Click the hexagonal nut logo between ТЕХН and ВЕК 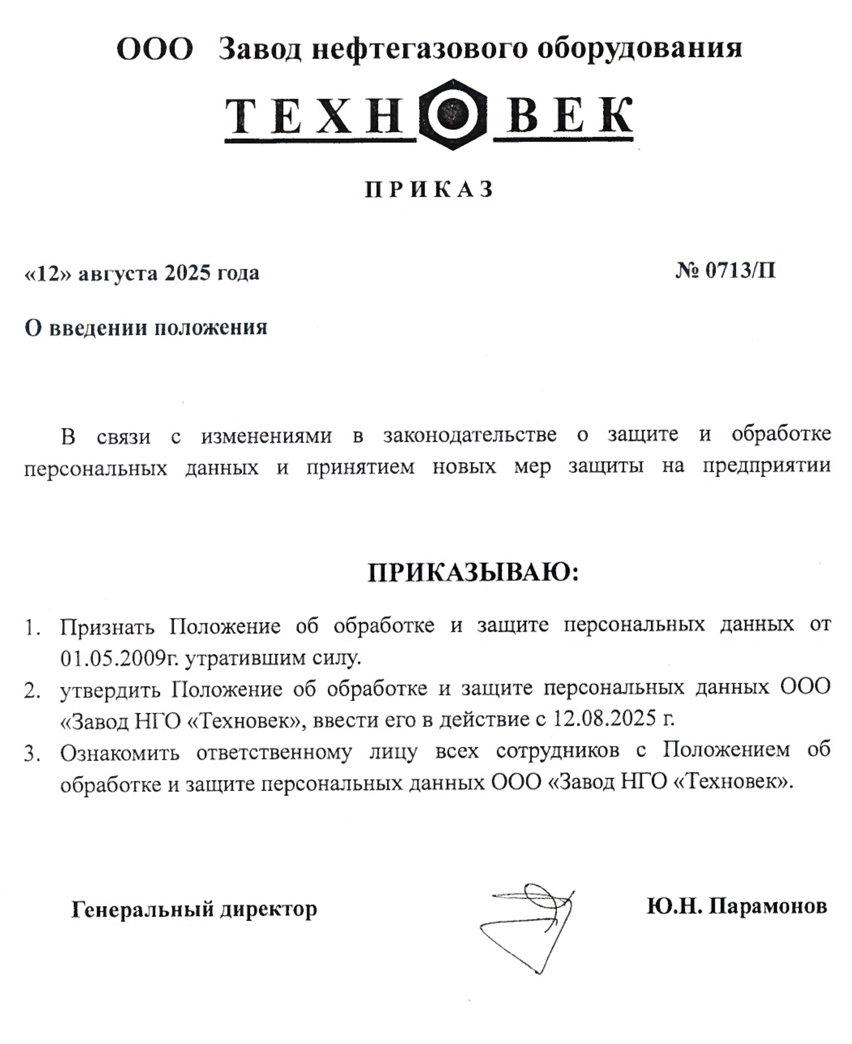[452, 114]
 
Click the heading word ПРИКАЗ [429, 189]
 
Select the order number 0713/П [740, 270]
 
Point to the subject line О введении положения [146, 328]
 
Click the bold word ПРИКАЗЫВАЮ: [473, 572]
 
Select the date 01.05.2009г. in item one [120, 658]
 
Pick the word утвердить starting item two [110, 689]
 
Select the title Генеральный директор [194, 909]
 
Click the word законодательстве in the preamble [470, 435]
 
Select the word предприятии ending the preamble [766, 466]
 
